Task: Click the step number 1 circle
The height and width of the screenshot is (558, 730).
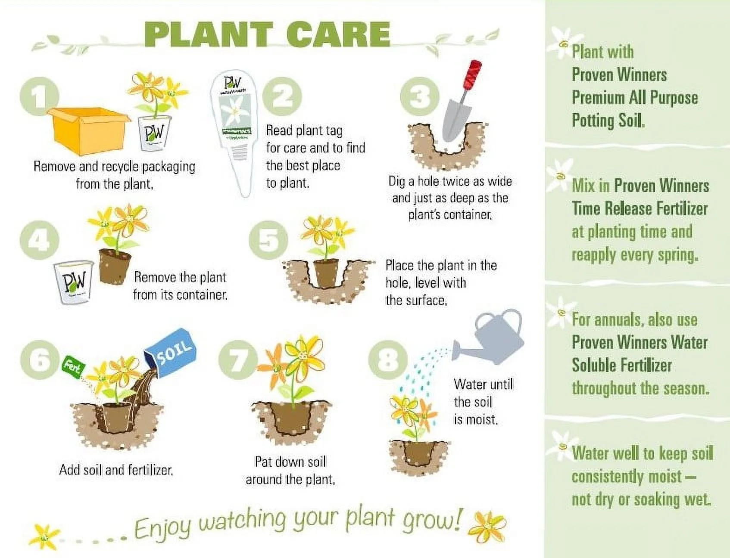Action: [x=39, y=96]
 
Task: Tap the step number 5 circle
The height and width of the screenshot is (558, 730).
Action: [x=268, y=241]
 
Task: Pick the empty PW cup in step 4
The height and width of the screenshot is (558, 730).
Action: [x=73, y=282]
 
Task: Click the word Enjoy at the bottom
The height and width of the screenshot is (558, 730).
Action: [x=162, y=528]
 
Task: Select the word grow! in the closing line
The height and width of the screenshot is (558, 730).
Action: [x=433, y=521]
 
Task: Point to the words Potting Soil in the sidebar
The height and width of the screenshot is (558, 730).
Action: [x=608, y=120]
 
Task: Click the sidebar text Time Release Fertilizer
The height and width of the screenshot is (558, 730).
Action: [x=640, y=209]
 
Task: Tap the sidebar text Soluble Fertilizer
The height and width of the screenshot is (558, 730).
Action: [x=621, y=366]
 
